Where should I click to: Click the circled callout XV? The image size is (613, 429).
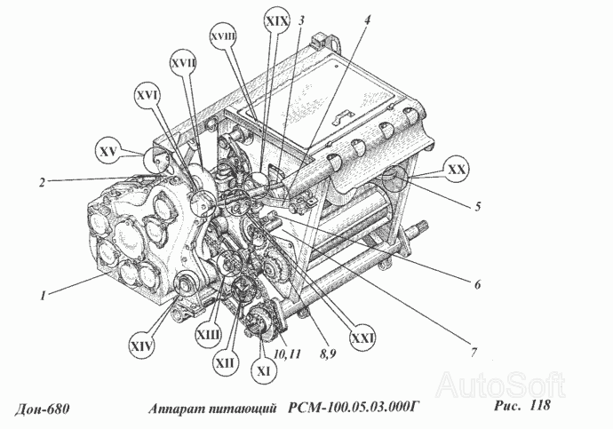point(108,151)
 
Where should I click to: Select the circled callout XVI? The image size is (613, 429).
point(147,96)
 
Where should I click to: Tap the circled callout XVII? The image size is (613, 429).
point(183,64)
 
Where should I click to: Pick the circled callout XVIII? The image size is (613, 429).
point(224,36)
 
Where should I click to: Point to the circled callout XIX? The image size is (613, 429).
point(277,21)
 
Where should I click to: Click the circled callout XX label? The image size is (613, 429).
point(457,170)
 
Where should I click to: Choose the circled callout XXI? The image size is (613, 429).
point(362,338)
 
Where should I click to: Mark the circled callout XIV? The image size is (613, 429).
point(141,346)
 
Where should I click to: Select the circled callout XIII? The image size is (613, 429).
point(209,335)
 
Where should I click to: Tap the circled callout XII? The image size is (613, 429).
point(225,363)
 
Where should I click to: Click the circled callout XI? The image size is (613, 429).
point(264,370)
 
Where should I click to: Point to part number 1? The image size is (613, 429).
point(43,296)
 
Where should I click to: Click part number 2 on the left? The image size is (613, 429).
point(43,182)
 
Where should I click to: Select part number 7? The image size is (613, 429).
point(474,353)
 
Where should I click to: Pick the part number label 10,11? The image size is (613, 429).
point(287,354)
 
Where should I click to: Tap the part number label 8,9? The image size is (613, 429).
point(327,354)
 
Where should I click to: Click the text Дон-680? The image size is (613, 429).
point(43,409)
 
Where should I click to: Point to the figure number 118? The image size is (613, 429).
point(539,405)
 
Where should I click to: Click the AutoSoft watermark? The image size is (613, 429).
point(501,385)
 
